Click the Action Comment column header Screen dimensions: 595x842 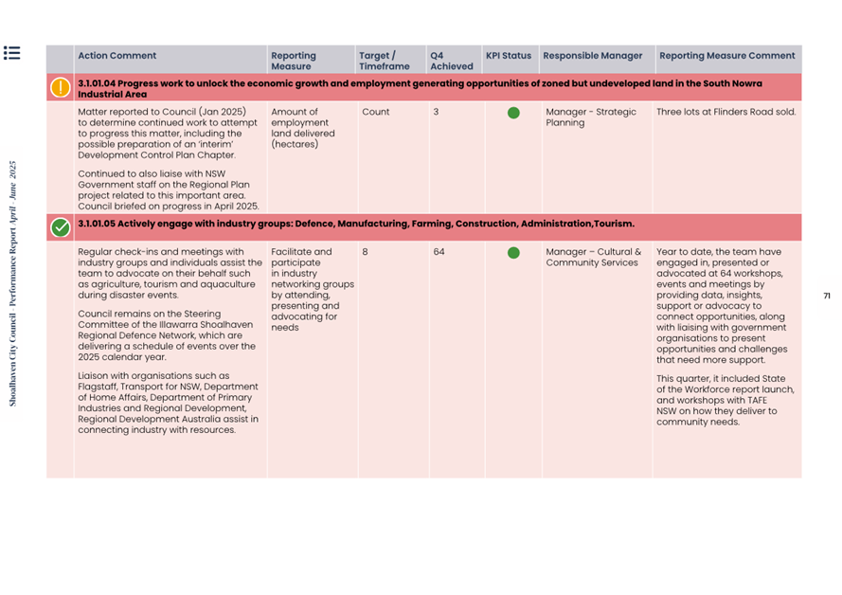click(117, 56)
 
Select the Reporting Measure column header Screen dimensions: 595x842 click(293, 61)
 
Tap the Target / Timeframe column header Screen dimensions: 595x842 click(384, 61)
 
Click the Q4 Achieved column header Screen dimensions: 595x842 click(451, 61)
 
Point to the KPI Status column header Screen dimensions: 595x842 click(509, 56)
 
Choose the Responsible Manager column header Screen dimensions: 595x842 click(593, 56)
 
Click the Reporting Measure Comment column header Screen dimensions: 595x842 click(726, 56)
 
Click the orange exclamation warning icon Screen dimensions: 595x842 click(61, 88)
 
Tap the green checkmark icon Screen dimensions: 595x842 click(61, 227)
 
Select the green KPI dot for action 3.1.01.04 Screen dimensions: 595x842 click(513, 113)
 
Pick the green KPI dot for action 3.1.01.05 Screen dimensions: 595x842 click(513, 253)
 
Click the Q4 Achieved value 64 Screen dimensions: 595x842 click(439, 252)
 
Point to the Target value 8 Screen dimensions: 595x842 click(365, 252)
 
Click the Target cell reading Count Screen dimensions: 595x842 click(375, 112)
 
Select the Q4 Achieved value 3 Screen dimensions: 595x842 click(436, 112)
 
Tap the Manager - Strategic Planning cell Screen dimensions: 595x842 click(591, 117)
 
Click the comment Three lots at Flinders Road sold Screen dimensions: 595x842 click(726, 112)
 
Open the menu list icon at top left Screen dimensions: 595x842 click(12, 53)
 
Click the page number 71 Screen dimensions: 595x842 click(826, 296)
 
